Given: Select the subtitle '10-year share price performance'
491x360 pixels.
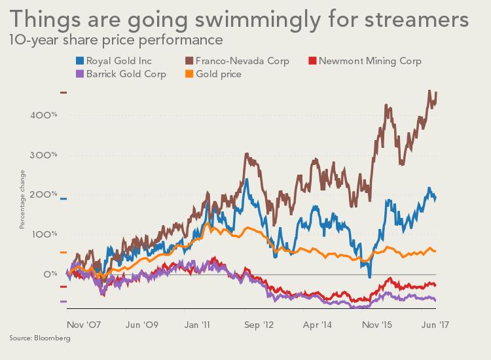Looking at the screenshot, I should click(x=115, y=40).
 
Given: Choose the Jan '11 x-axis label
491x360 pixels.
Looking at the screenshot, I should click(x=197, y=324).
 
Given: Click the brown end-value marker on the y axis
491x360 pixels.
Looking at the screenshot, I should click(x=64, y=92).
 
